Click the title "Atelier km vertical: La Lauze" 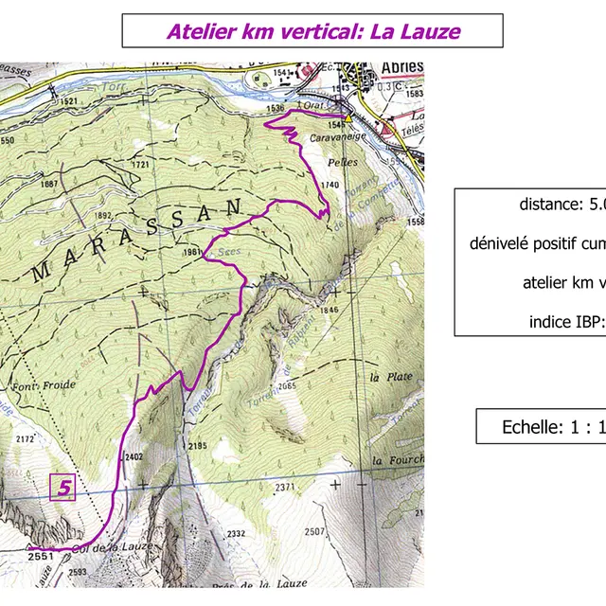[313, 31]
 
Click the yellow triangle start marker [348, 119]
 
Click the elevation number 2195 [198, 446]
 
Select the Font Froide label [34, 386]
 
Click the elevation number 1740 [330, 185]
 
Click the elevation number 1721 [141, 165]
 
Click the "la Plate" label [388, 377]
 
